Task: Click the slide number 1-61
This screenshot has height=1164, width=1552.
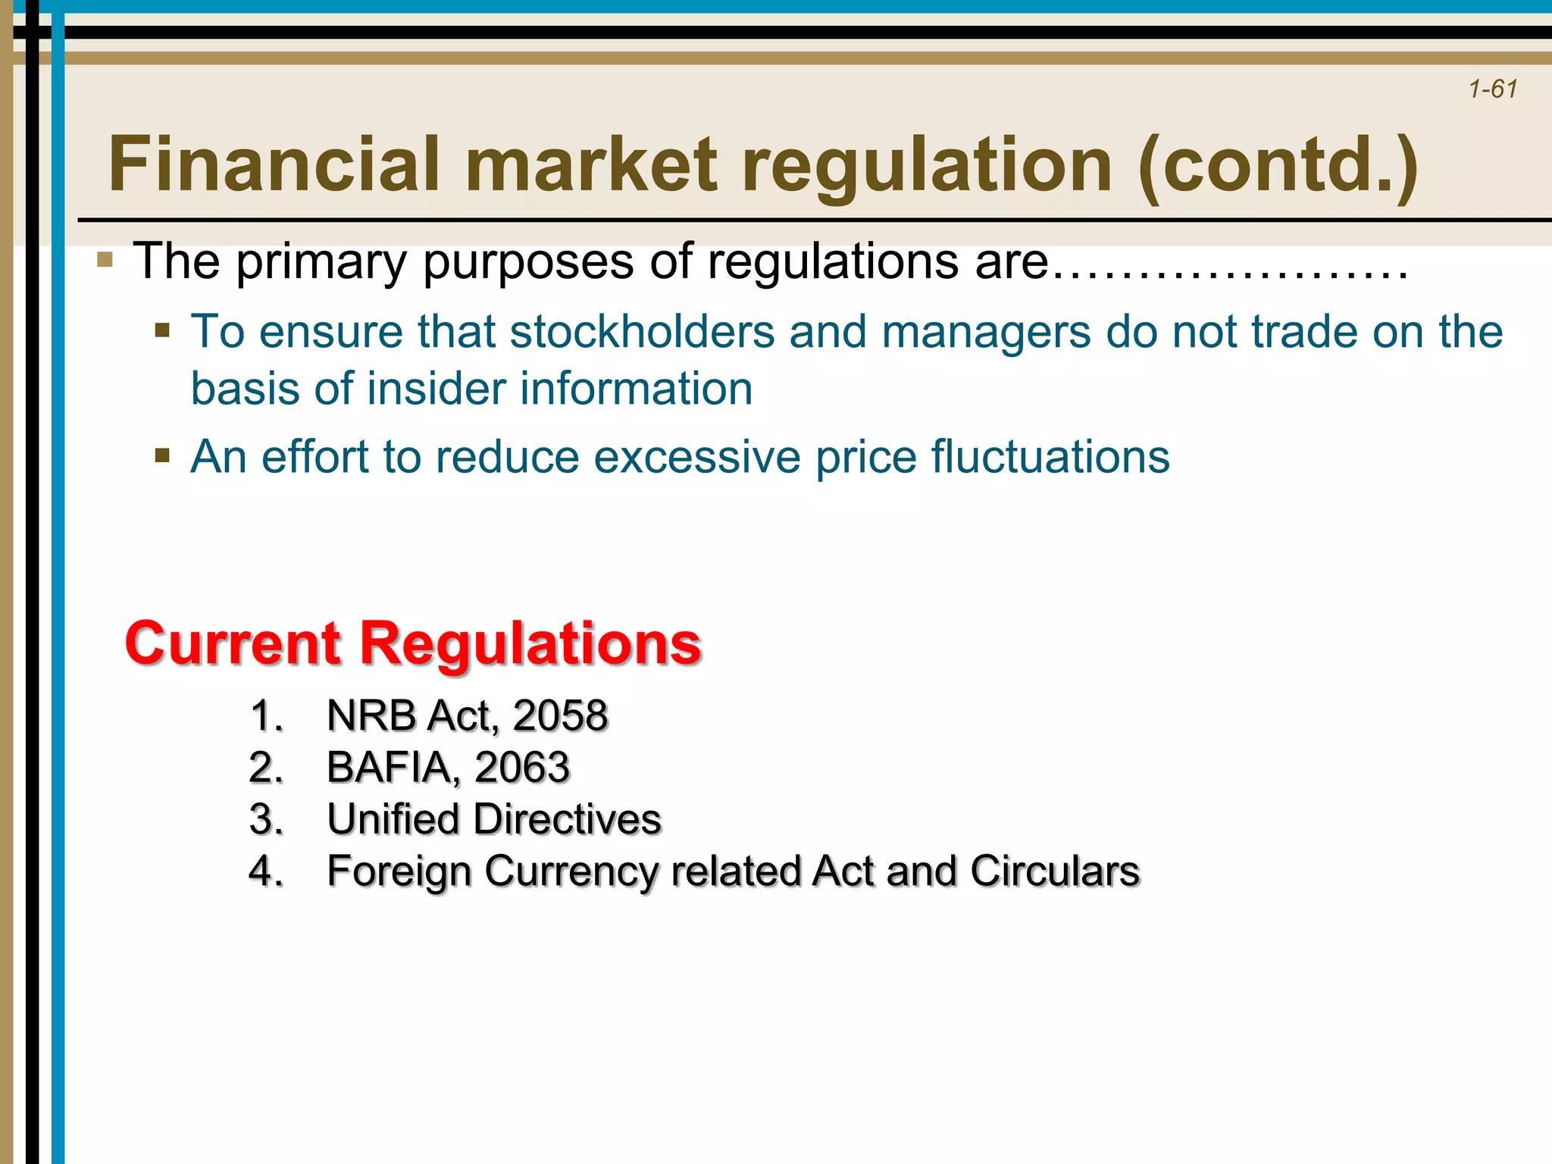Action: click(x=1492, y=89)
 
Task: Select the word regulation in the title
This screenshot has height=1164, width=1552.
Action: click(x=926, y=164)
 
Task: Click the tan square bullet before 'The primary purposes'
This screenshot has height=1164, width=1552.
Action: click(x=105, y=261)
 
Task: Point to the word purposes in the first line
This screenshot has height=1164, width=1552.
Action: click(x=529, y=262)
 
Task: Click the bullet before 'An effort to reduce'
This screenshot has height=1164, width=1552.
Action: click(x=161, y=456)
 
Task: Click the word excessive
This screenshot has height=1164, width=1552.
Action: click(x=696, y=457)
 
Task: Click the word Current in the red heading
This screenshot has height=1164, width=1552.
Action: click(x=233, y=643)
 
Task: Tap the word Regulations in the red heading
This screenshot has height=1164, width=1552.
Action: click(x=530, y=643)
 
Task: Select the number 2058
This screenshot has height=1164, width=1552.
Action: click(x=560, y=715)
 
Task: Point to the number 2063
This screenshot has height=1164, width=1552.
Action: click(x=521, y=767)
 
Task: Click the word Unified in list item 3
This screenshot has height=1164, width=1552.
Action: click(x=393, y=819)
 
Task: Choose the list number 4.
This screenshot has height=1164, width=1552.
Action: click(x=264, y=871)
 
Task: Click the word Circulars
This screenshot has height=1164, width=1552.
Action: click(x=1054, y=871)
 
